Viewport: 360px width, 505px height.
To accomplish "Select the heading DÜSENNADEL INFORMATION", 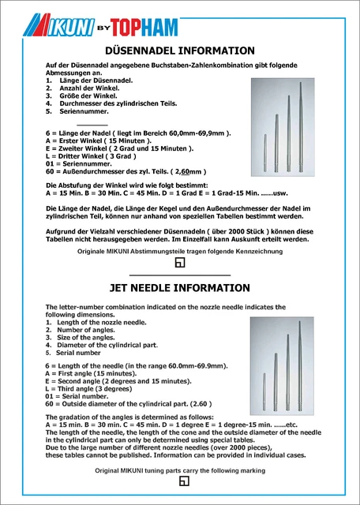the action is pos(179,51).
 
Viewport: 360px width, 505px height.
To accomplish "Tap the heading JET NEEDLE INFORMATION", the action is pos(179,288).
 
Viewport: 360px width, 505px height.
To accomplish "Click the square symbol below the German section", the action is pos(179,262).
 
